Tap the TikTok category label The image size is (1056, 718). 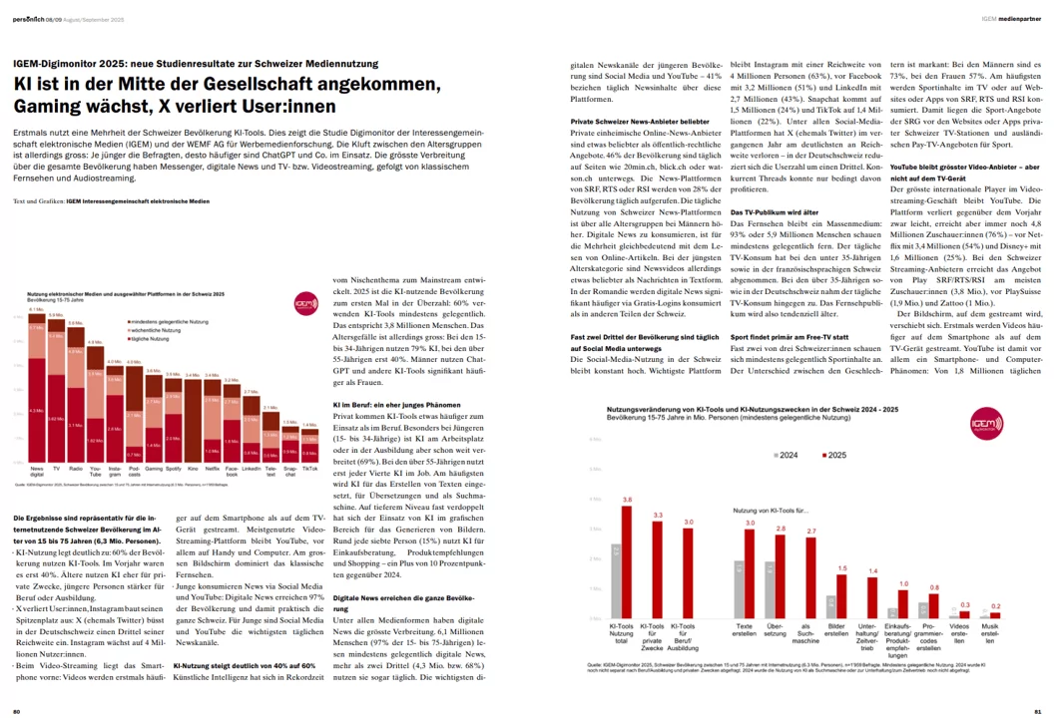pyautogui.click(x=310, y=468)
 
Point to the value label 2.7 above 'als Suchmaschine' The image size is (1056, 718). pyautogui.click(x=811, y=531)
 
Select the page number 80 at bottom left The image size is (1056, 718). pyautogui.click(x=17, y=711)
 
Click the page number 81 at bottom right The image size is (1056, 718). pyautogui.click(x=1037, y=711)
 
